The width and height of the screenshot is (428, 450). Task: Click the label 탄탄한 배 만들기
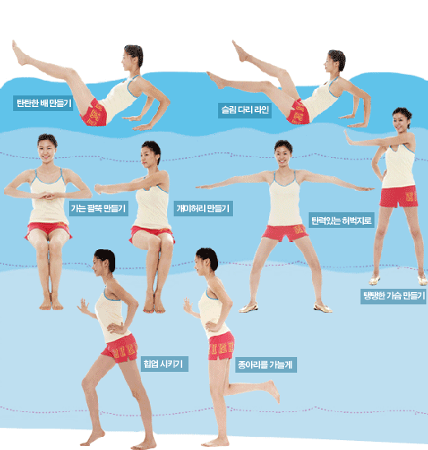[x=43, y=103]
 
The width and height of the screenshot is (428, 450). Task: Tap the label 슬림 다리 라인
[x=244, y=110]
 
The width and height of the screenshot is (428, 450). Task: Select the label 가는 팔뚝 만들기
[x=99, y=208]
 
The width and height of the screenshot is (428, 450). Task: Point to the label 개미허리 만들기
[x=203, y=208]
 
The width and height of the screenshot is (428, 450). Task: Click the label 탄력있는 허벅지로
[x=342, y=220]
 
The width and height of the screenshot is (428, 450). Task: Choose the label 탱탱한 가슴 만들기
[x=393, y=295]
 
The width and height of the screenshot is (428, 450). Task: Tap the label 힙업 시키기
[x=164, y=364]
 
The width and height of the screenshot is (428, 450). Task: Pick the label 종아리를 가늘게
[x=266, y=364]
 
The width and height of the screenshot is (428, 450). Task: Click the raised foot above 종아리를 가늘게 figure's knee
[x=272, y=391]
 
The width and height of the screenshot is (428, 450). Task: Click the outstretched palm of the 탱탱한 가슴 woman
[x=348, y=137]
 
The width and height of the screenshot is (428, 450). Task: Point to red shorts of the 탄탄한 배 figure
[x=94, y=113]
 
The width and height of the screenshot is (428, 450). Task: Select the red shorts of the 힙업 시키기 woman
[x=120, y=348]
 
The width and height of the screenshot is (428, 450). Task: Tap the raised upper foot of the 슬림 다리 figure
[x=240, y=51]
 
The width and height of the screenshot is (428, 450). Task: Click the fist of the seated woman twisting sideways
[x=100, y=188]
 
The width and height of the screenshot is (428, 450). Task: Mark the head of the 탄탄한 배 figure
[x=133, y=58]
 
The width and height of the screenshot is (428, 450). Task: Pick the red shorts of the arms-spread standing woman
[x=285, y=233]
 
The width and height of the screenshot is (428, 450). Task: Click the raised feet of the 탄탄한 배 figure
[x=20, y=53]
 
